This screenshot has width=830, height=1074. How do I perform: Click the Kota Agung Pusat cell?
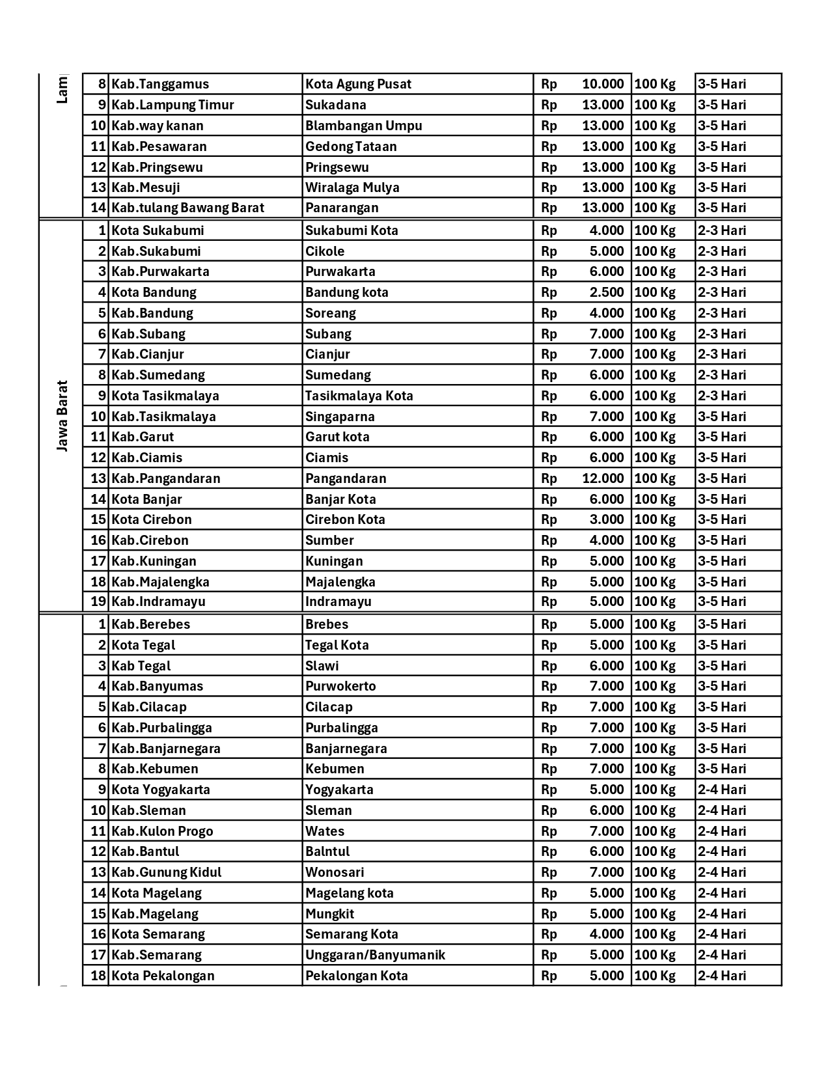coord(358,84)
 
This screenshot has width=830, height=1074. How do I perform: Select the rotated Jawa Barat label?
coord(62,416)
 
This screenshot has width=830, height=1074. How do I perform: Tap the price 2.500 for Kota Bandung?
coord(606,292)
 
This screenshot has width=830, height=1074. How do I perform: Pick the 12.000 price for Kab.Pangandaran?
coord(602,478)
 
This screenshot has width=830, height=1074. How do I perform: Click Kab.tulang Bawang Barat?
coord(187,208)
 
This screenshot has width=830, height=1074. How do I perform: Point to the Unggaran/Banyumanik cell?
coord(375,955)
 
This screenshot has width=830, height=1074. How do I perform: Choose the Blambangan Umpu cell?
coord(363,126)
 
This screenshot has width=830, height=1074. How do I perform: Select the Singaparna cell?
coord(340,417)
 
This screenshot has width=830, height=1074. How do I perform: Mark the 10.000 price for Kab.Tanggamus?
coord(602,84)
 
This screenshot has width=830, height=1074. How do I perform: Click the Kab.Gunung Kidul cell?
coord(166,872)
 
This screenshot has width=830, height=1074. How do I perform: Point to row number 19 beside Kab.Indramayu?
coord(98,601)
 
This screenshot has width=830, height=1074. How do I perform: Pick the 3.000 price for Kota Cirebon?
coord(606,519)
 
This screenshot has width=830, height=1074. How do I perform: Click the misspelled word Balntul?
coord(327,851)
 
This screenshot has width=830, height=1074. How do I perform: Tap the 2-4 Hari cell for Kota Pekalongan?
coord(722,976)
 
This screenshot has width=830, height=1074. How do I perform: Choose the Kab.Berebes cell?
coord(150,624)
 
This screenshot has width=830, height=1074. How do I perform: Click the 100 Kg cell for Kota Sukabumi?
coord(654,230)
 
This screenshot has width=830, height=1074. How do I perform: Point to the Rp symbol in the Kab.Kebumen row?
coord(549,769)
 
